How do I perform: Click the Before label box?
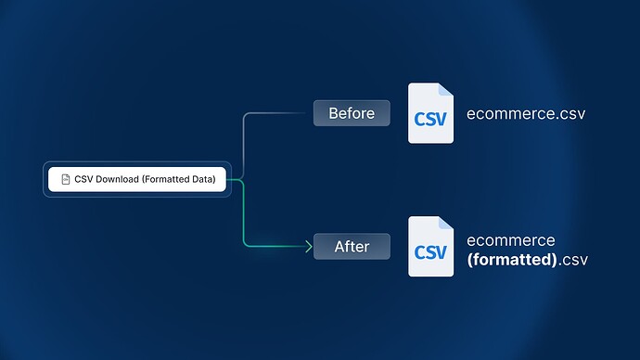click(352, 114)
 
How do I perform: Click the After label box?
click(352, 247)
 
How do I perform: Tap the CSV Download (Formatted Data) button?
click(137, 179)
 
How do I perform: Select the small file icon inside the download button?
click(65, 179)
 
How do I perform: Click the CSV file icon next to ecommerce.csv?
click(430, 114)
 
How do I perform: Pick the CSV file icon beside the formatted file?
click(430, 247)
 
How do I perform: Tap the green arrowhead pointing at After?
click(307, 247)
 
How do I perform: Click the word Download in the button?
click(116, 179)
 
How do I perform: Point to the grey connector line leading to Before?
click(245, 139)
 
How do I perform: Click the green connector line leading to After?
click(245, 218)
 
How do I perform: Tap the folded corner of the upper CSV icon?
click(446, 90)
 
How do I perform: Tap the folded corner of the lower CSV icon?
click(446, 223)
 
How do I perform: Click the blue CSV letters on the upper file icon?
click(430, 120)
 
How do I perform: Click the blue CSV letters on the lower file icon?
click(430, 252)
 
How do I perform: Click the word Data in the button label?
click(204, 179)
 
